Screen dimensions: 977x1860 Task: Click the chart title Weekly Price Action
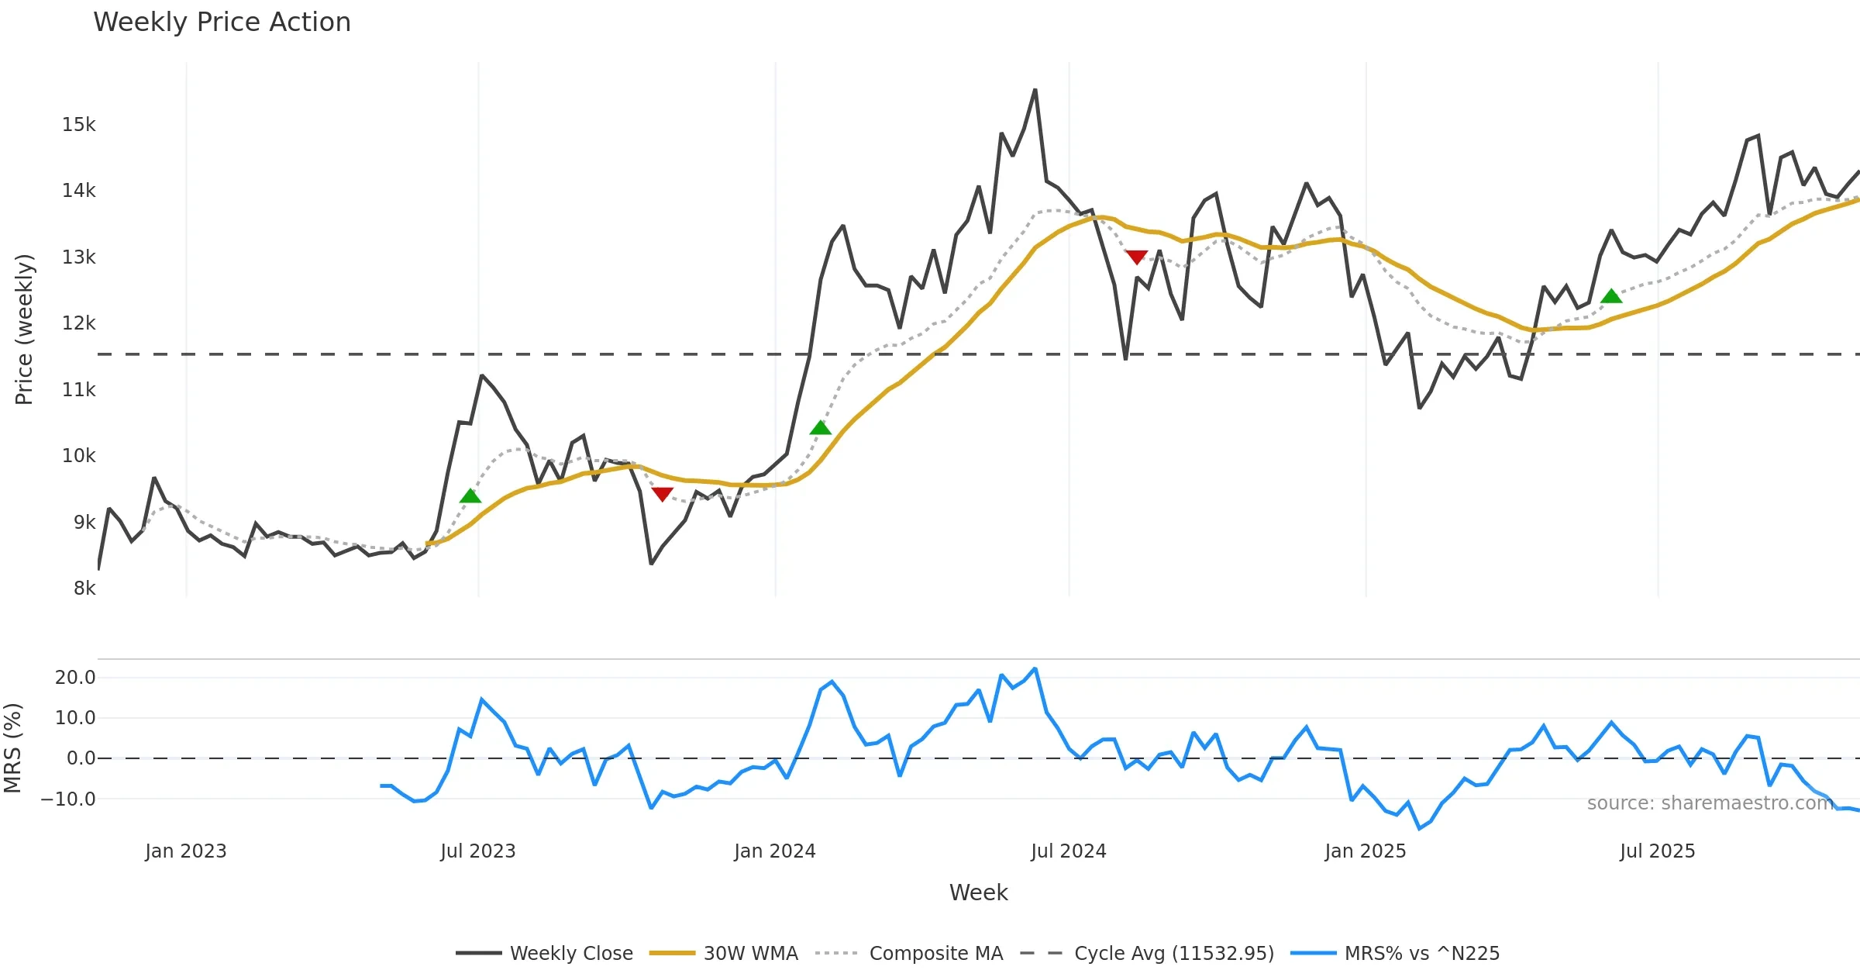(x=222, y=22)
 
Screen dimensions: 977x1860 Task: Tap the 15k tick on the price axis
(x=78, y=125)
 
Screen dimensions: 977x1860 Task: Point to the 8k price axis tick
(x=84, y=589)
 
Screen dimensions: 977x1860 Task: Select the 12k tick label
(x=78, y=323)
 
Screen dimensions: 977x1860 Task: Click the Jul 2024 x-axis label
(x=1068, y=851)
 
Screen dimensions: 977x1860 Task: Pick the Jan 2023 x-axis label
(x=185, y=851)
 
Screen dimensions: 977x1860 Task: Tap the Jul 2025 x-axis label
(x=1657, y=851)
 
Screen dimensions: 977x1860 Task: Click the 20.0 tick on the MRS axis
(x=75, y=678)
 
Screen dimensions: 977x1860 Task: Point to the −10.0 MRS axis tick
(x=68, y=799)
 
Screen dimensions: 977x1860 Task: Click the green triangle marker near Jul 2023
(x=470, y=496)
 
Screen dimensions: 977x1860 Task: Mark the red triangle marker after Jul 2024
(x=1136, y=257)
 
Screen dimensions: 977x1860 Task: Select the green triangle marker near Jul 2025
(x=1611, y=296)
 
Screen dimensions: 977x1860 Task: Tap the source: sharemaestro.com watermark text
(x=1710, y=803)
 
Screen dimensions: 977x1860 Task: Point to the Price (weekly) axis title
(x=25, y=330)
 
